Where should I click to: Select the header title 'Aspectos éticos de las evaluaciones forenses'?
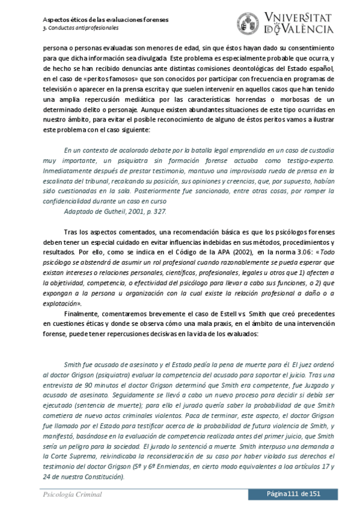pyautogui.click(x=105, y=19)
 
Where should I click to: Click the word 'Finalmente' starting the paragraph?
pyautogui.click(x=83, y=315)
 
